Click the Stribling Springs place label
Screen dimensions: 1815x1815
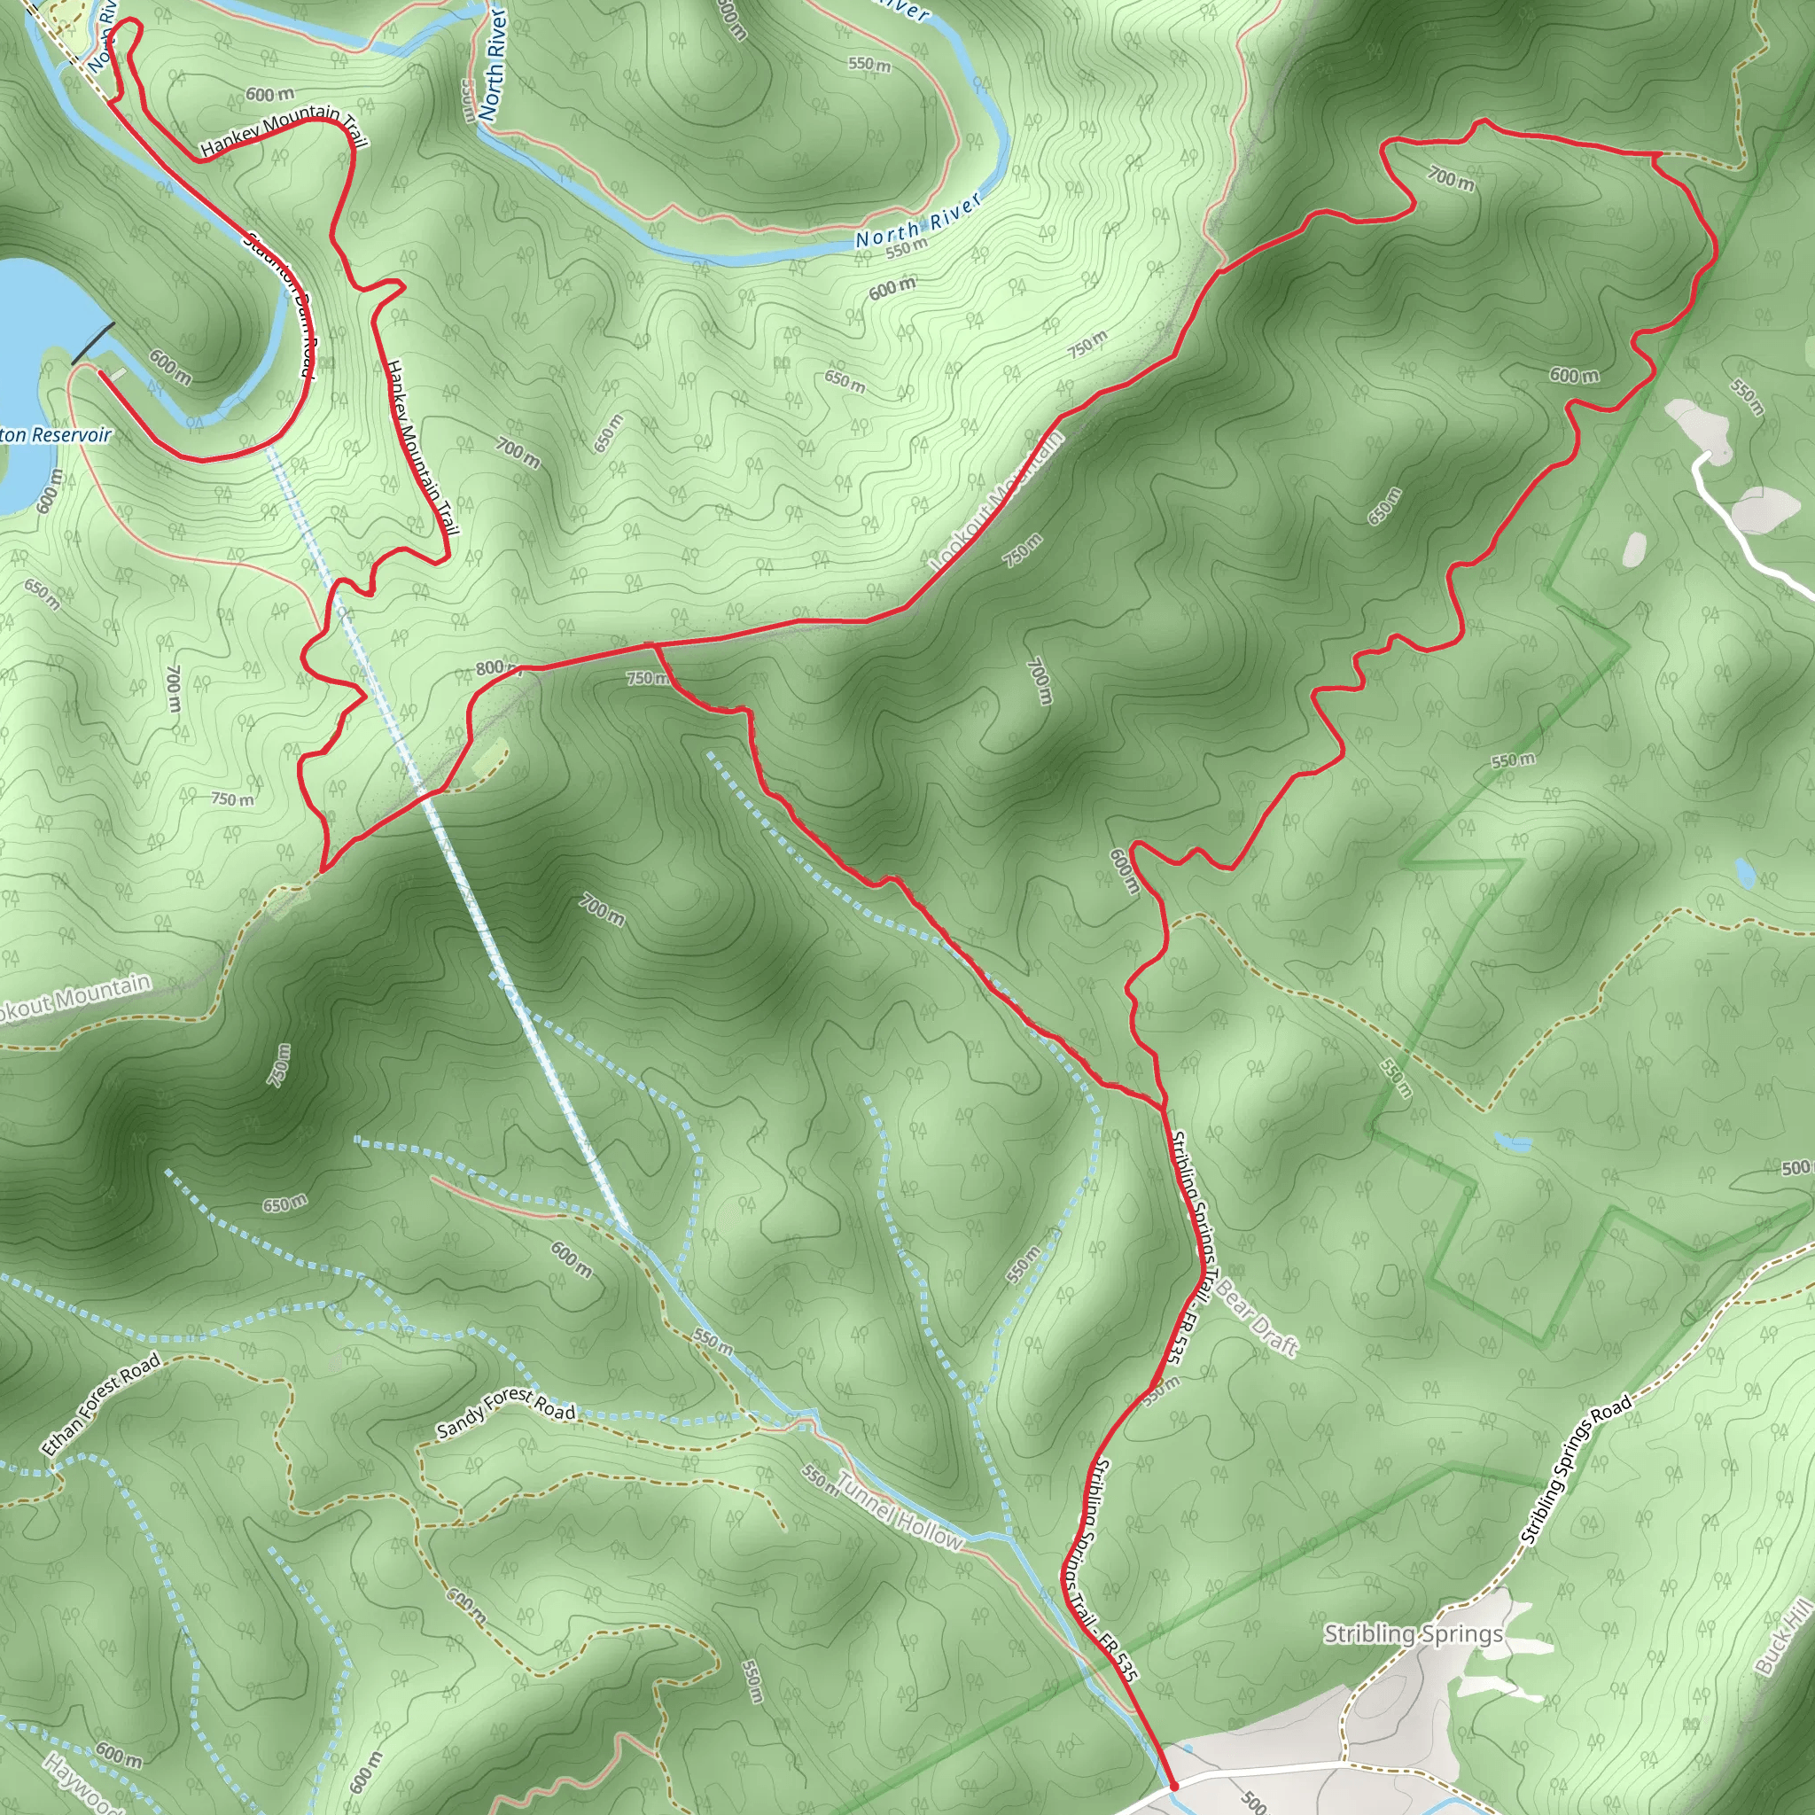click(1413, 1633)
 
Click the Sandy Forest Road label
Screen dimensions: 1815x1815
click(506, 1413)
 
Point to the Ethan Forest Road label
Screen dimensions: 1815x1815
click(101, 1405)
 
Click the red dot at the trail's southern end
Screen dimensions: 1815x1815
click(1174, 1786)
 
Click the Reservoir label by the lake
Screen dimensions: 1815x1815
click(57, 435)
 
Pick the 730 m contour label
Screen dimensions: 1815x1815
click(280, 1065)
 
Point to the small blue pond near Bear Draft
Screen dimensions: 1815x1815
click(1513, 1142)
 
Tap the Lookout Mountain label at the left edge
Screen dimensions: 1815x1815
click(75, 1000)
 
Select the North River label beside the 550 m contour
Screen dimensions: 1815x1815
click(918, 221)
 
